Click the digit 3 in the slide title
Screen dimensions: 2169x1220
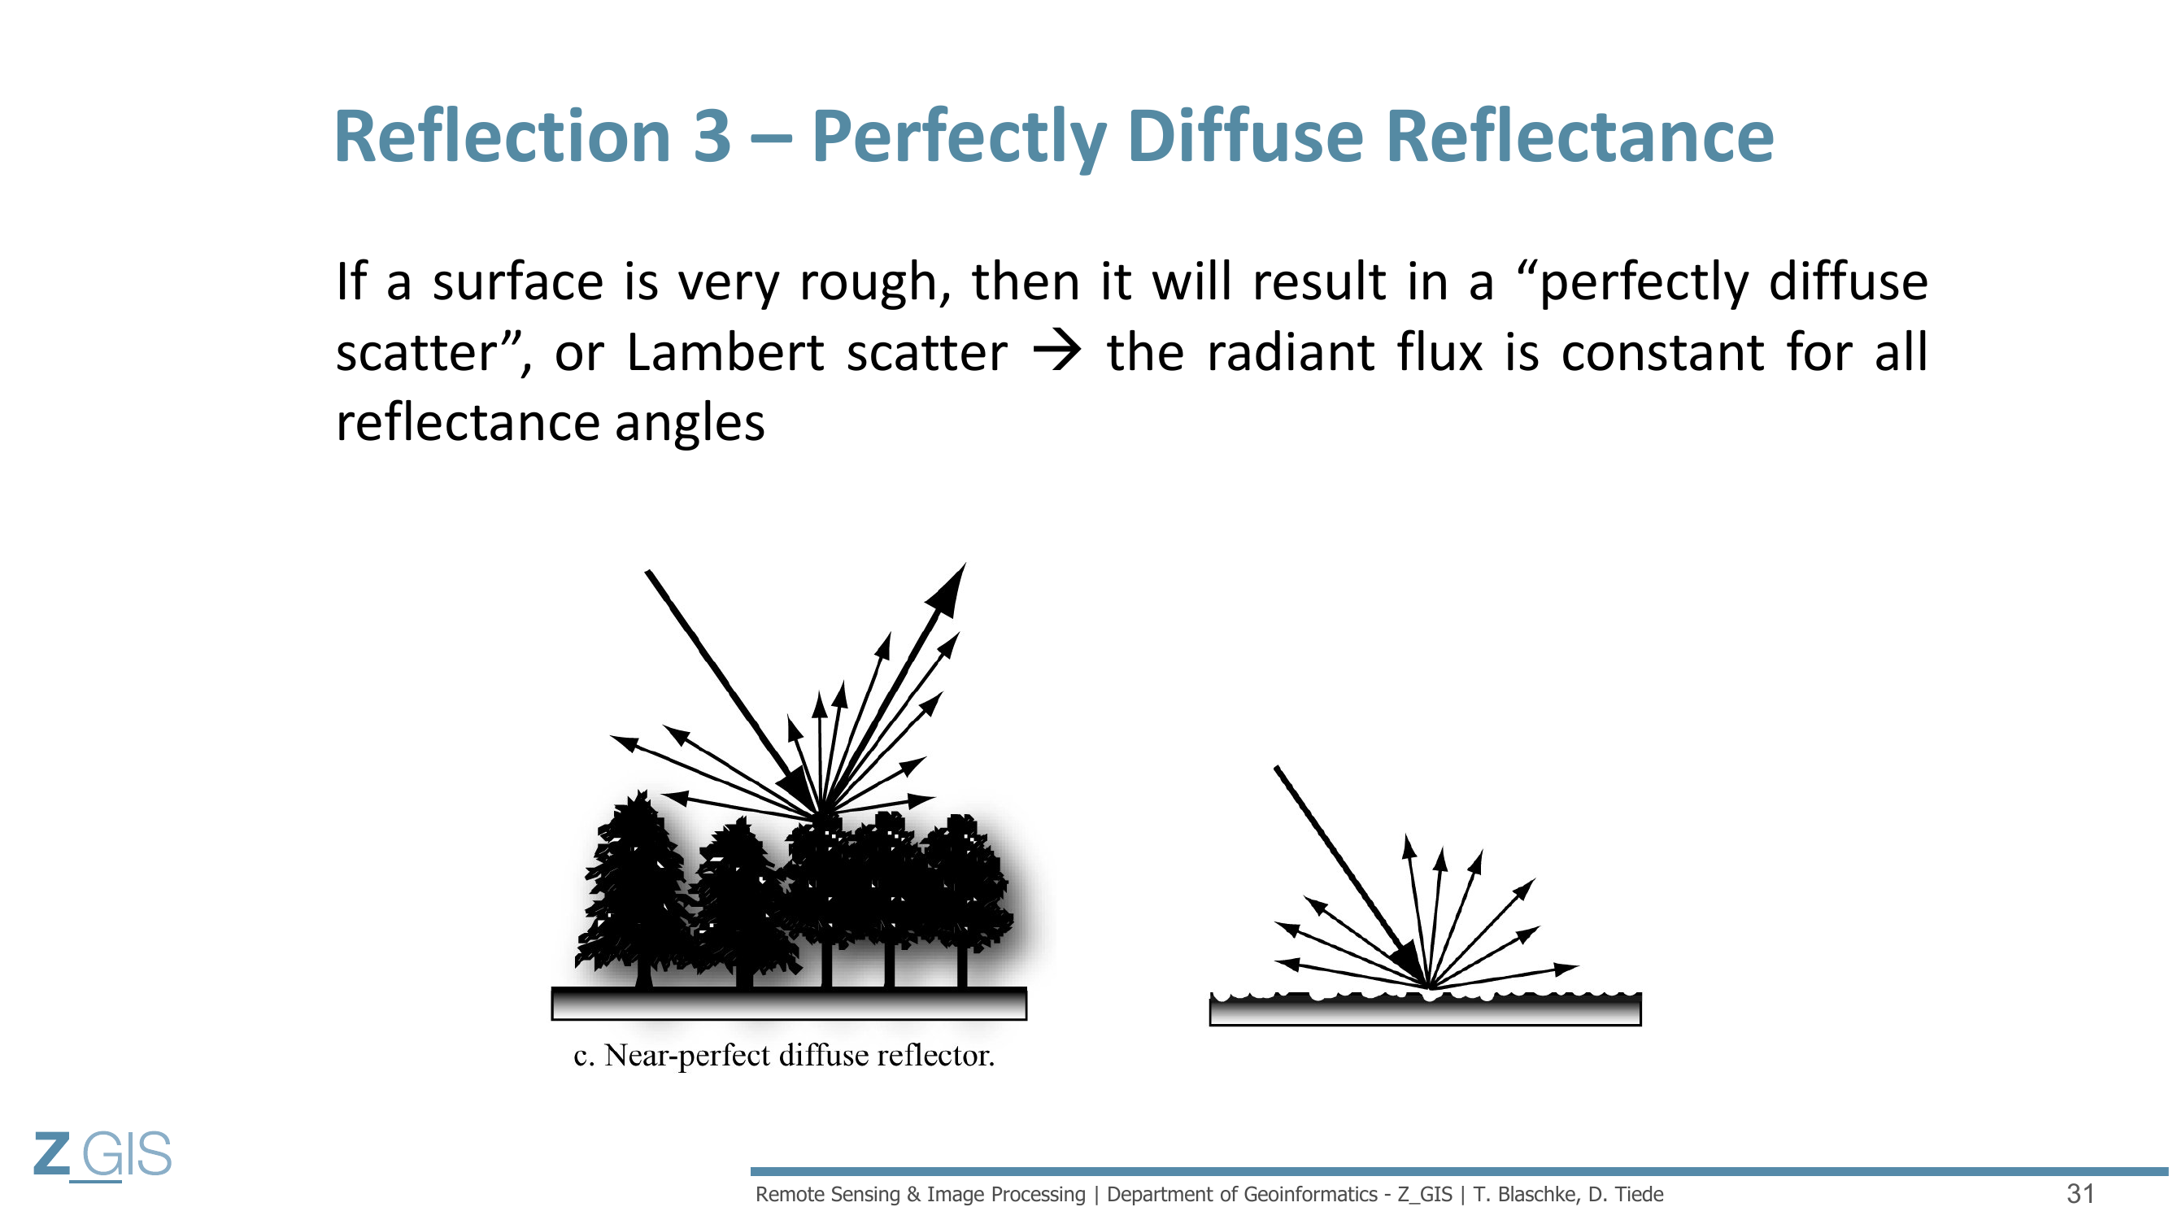(712, 137)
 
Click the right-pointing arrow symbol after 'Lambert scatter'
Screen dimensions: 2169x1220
(1057, 352)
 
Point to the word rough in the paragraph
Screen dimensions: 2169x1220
(876, 283)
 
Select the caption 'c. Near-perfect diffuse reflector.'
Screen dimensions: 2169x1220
(784, 1055)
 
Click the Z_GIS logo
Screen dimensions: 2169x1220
(102, 1156)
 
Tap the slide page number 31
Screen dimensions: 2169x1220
(2080, 1194)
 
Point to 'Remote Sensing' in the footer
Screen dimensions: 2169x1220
(828, 1194)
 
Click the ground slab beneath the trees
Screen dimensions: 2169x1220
(789, 1004)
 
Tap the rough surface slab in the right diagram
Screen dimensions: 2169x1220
(1425, 1009)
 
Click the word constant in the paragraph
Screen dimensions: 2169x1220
(1663, 352)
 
